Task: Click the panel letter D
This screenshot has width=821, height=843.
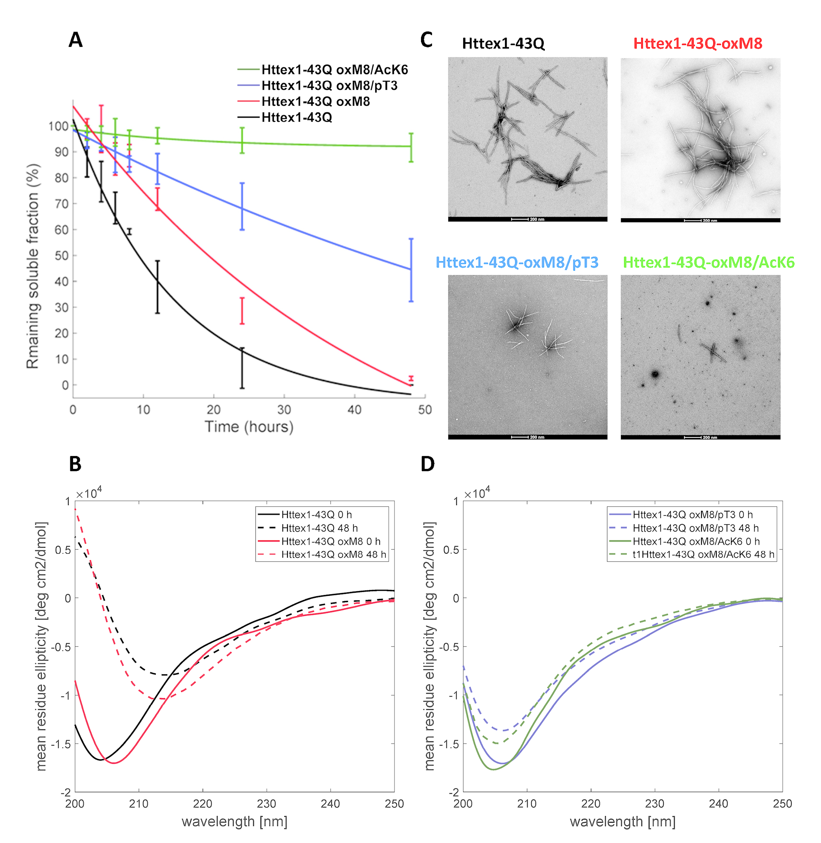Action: pos(427,464)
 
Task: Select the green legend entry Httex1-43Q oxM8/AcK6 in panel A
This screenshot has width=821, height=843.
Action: pos(334,70)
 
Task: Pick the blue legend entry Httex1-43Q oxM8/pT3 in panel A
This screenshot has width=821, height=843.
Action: pos(329,86)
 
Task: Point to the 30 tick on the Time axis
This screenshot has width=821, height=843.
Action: pos(284,410)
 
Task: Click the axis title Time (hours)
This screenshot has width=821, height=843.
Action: pos(249,427)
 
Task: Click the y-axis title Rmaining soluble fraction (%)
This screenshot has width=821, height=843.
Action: pos(33,266)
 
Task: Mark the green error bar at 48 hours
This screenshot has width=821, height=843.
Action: pos(411,147)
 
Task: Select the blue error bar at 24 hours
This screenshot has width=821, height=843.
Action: pos(242,207)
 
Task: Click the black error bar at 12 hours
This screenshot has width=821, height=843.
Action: pos(157,287)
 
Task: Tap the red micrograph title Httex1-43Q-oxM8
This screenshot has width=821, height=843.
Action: pos(697,43)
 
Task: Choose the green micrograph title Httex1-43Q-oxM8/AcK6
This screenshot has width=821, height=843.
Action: pos(709,262)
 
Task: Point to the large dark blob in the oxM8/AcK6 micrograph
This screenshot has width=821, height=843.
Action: pos(655,374)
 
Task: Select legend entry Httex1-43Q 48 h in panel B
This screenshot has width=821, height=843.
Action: pos(319,528)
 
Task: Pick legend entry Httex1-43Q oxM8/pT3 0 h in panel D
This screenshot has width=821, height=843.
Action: pos(692,515)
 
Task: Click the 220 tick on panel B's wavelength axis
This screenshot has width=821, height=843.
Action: pos(202,804)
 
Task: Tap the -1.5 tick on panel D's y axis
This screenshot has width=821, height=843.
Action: pos(449,744)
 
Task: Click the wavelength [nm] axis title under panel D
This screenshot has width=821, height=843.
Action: pos(622,822)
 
